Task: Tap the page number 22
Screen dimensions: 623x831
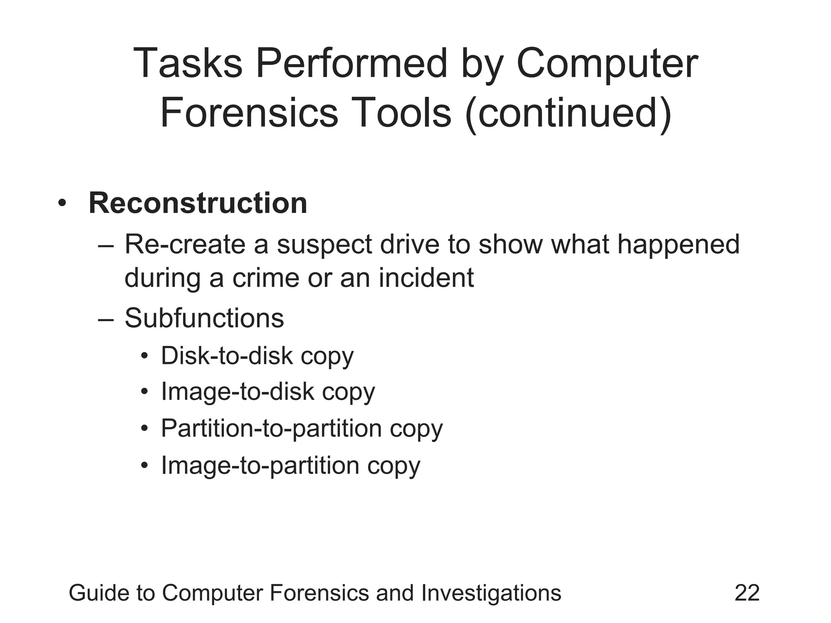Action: point(747,593)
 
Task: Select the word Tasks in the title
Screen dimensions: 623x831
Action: point(187,64)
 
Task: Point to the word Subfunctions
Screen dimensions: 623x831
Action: point(204,318)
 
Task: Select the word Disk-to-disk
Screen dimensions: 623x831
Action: point(227,356)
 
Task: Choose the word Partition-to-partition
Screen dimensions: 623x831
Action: point(271,428)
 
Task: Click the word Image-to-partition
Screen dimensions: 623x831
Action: point(260,465)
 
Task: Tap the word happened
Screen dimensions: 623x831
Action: point(678,245)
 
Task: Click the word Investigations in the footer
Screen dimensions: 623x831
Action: point(491,593)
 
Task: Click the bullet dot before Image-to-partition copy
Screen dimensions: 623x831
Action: point(144,466)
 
